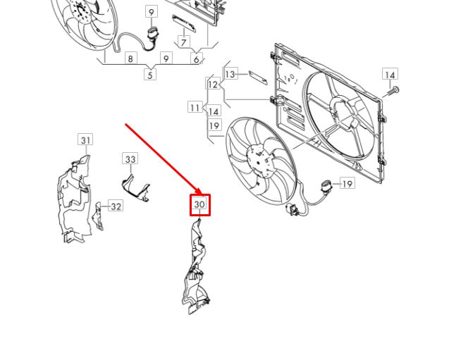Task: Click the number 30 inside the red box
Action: (199, 205)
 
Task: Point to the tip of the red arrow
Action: (203, 196)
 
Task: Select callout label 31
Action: (85, 140)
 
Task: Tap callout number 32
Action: (116, 206)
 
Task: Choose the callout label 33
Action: (130, 160)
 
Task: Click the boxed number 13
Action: (230, 74)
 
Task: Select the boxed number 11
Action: (195, 107)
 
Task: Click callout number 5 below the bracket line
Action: (149, 74)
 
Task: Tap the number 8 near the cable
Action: (130, 59)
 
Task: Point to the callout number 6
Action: (197, 59)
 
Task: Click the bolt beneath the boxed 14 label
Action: (394, 90)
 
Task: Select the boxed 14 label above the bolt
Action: (390, 74)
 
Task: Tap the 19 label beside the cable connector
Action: (347, 184)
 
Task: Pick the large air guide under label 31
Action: (74, 201)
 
